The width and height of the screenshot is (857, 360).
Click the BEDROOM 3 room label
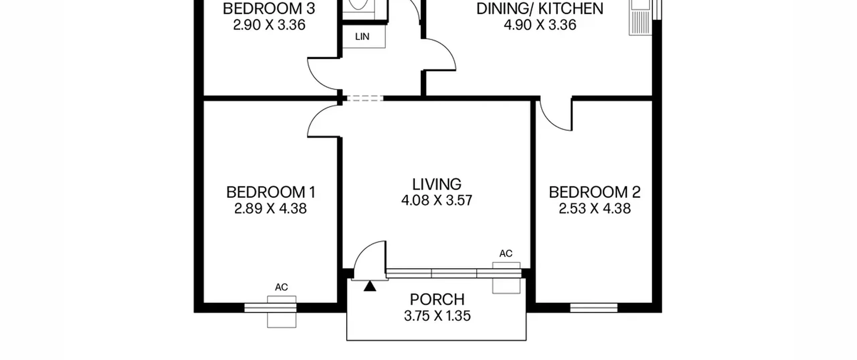coord(269,9)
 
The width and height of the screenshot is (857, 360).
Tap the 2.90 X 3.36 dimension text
coord(269,25)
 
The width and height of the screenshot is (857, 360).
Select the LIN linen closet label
coord(362,37)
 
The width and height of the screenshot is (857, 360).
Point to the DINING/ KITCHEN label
coord(540,9)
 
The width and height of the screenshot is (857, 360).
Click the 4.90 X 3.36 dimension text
coord(540,25)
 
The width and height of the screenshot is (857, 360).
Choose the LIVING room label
coord(437,185)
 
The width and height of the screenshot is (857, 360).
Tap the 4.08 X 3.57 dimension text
coord(437,201)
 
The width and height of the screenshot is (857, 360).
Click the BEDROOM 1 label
coord(271,193)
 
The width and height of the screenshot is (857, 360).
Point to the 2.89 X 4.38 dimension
coord(270,209)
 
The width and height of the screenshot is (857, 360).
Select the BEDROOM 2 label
coord(595,193)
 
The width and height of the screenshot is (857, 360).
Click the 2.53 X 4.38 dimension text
coord(595,209)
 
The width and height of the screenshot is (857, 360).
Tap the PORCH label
coord(437,300)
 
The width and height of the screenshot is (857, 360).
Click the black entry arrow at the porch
coord(370,286)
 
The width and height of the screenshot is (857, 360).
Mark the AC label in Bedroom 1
coord(281,287)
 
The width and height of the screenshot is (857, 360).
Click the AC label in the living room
coord(506,254)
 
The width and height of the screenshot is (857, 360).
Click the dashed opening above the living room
coord(365,98)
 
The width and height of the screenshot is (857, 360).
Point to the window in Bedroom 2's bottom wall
coord(594,308)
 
